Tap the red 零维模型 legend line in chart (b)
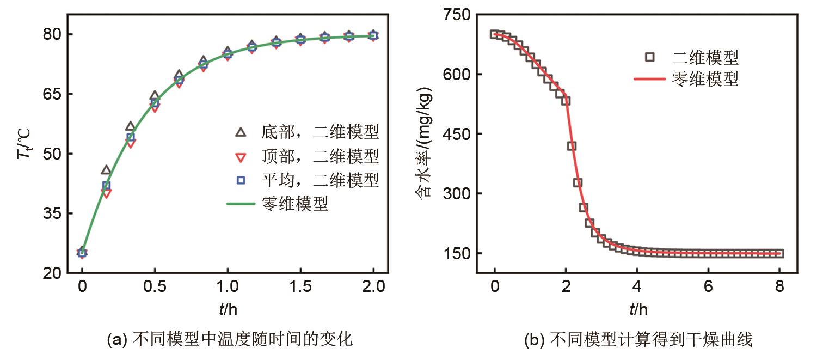click(650, 80)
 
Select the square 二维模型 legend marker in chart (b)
click(650, 56)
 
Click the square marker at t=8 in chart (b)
click(779, 253)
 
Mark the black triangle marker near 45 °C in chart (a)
click(106, 170)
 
